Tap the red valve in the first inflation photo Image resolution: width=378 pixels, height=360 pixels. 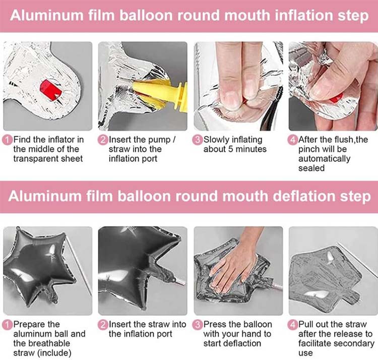tap(51, 90)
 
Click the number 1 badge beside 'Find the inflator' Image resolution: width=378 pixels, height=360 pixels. tap(7, 140)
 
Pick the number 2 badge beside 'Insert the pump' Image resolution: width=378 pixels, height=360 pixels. tap(103, 140)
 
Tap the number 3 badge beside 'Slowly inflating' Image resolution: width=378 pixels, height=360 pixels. tap(198, 140)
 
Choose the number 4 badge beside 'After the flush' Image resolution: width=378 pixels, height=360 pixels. tap(293, 140)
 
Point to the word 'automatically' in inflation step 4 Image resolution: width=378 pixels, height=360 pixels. tap(325, 159)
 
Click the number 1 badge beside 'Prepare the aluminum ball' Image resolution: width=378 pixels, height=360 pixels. tap(7, 325)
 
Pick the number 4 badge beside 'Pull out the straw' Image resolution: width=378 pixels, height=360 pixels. tap(293, 325)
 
